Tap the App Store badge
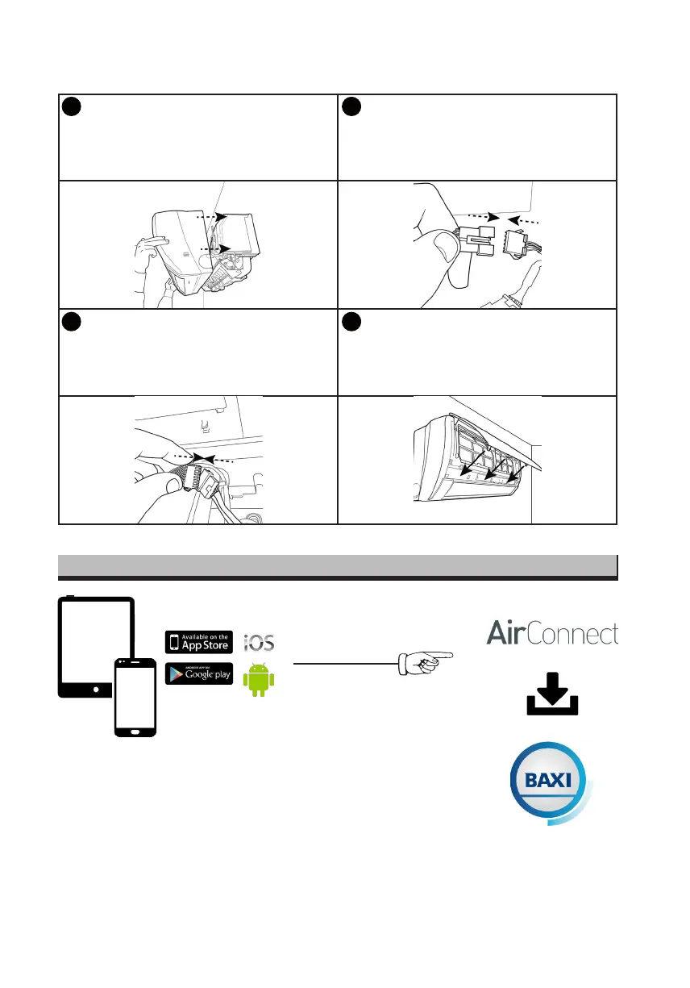198,642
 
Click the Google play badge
198,673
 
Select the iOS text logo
258,643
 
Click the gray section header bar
337,563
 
